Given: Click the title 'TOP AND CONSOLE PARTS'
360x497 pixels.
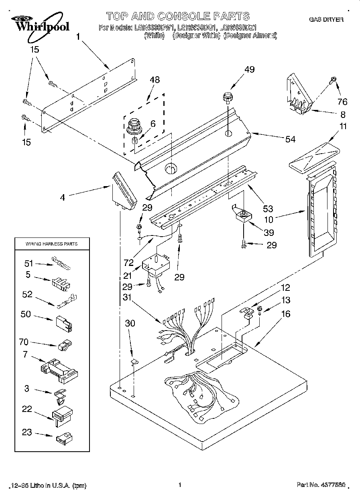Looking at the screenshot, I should (x=178, y=16).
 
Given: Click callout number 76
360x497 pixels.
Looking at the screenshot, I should (x=342, y=101).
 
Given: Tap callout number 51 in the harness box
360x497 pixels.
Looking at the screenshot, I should (x=28, y=263).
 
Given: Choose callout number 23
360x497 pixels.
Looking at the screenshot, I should (x=26, y=433).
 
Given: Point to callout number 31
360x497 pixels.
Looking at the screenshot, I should (x=127, y=297).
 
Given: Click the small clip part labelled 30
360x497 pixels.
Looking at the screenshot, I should (x=135, y=362).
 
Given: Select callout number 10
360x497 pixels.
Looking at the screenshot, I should (x=269, y=219).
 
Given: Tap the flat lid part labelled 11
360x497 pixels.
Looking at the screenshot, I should (x=314, y=157).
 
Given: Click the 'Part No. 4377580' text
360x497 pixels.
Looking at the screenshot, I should (x=321, y=485).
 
